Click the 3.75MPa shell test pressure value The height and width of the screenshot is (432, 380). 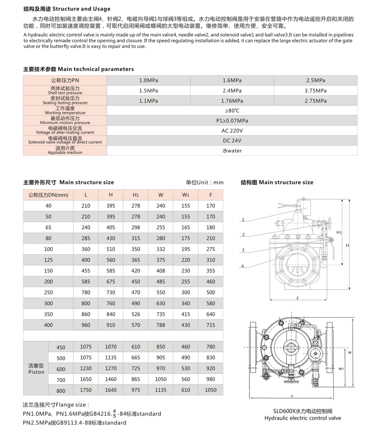point(315,90)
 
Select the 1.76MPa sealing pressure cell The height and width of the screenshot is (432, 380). point(232,101)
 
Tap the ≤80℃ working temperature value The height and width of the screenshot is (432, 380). point(232,111)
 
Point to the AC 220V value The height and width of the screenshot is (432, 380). point(232,131)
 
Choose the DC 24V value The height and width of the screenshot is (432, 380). point(232,141)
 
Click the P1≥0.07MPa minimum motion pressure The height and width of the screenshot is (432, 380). point(232,121)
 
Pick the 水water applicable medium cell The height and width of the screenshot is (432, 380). point(232,151)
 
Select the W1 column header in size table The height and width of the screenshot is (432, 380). point(186,195)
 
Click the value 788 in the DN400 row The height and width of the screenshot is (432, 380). point(161,325)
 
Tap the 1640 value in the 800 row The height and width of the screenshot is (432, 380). point(110,390)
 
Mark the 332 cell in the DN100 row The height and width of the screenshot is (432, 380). point(161,249)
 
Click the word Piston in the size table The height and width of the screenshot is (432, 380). point(36,372)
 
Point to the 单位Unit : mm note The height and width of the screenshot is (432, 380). point(205,183)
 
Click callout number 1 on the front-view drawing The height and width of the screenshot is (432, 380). point(243,220)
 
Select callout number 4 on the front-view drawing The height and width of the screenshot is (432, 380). point(243,266)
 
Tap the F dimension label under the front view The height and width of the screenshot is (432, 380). point(297,298)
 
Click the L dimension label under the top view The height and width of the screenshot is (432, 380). point(292,396)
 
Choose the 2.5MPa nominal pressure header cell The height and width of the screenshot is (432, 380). point(315,80)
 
